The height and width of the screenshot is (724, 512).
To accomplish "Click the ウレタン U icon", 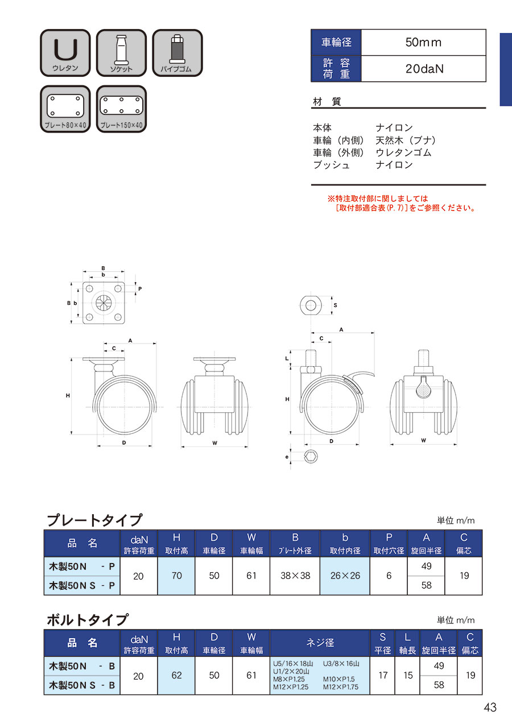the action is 65,53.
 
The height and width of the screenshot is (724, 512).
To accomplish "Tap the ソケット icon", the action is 121,53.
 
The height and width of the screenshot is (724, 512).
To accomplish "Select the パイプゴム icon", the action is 177,53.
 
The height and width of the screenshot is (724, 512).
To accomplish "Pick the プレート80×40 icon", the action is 65,109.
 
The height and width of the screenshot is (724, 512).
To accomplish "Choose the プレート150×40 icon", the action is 121,109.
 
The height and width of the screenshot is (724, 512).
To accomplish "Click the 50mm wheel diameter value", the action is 423,42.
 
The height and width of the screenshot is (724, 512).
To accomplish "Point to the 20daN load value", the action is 424,69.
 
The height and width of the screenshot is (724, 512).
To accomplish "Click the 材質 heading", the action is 327,101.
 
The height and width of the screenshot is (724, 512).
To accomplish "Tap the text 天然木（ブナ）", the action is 406,140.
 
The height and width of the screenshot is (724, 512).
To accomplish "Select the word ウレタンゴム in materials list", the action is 403,152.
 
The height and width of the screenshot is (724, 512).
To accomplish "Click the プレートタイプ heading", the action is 94,520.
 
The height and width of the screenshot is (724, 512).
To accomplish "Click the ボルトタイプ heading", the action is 88,619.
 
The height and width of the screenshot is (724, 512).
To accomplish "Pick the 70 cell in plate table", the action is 176,576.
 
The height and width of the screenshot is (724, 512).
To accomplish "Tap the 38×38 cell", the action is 295,576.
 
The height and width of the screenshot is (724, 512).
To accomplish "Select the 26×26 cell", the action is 345,576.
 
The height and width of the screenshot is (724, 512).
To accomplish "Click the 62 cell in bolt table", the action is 176,675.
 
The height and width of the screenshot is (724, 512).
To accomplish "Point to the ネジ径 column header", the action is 320,643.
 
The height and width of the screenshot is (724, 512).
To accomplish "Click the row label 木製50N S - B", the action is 82,685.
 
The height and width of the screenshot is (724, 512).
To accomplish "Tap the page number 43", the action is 490,708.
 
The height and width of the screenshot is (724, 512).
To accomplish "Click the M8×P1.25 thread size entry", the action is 288,679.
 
